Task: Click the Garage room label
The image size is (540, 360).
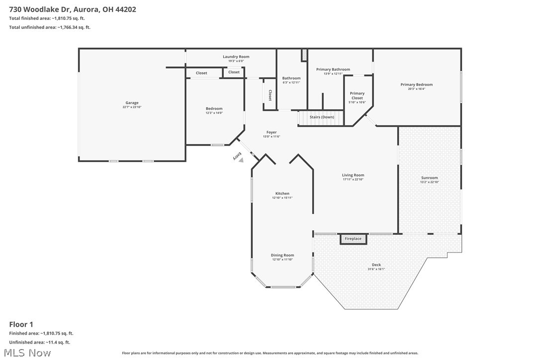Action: coord(132,103)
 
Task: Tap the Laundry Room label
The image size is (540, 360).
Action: coord(236,57)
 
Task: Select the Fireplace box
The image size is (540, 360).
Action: coord(354,239)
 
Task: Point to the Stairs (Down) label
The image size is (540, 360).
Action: coord(322,117)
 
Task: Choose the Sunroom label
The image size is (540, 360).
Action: coord(430,178)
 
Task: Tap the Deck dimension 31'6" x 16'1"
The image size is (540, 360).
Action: coord(376,269)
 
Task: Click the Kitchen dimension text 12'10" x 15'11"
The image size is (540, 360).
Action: coord(282,198)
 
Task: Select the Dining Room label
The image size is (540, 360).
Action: coord(282,255)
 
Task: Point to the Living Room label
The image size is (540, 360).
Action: coord(353,175)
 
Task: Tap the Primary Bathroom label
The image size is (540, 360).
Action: coord(333,69)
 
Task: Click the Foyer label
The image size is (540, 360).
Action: coord(271,132)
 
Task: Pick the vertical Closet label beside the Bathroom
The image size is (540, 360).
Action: coord(270,95)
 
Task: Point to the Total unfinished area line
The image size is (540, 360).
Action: coord(50,27)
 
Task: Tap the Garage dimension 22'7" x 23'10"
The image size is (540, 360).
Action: coord(132,107)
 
